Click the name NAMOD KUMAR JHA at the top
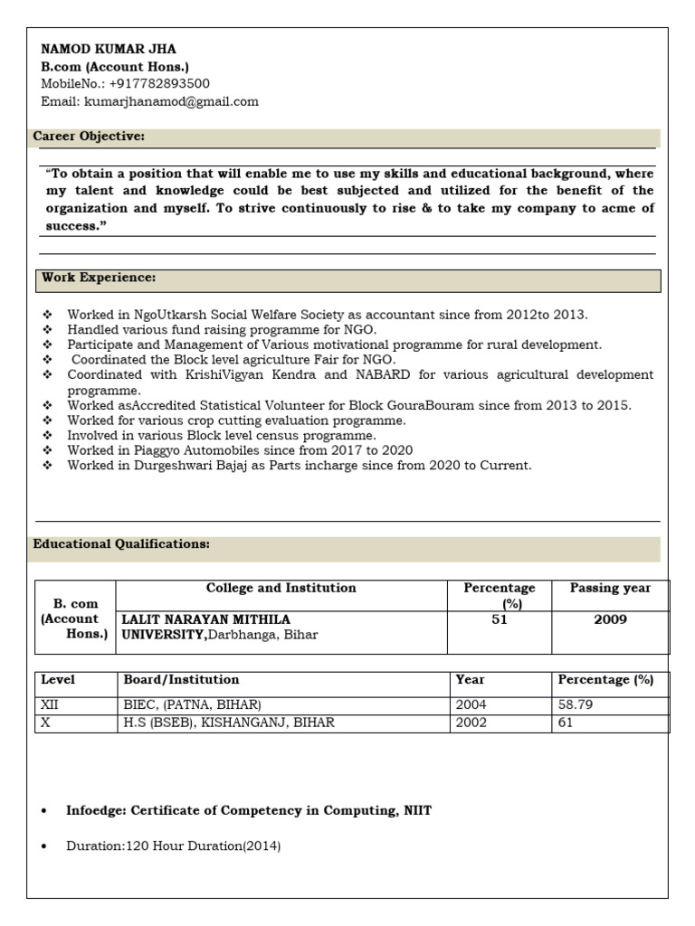point(109,50)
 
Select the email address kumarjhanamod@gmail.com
point(171,101)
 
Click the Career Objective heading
point(89,137)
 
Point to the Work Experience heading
point(99,278)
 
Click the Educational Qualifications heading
point(121,544)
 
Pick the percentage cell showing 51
point(499,619)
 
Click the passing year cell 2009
point(610,619)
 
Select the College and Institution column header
point(281,589)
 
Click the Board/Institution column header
point(181,680)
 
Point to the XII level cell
point(49,704)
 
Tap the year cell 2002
point(471,723)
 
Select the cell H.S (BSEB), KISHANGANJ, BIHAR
point(228,723)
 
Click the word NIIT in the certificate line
point(415,811)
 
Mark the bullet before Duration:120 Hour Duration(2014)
point(43,847)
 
